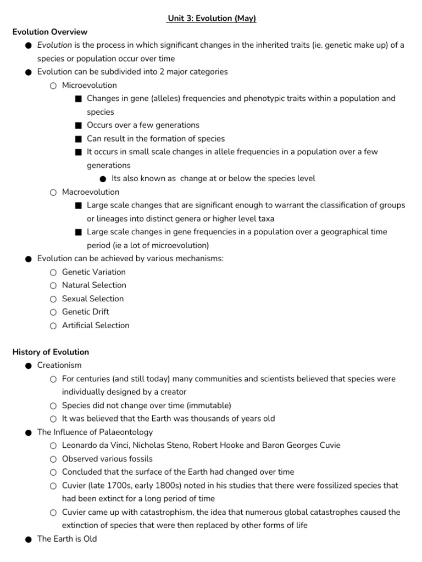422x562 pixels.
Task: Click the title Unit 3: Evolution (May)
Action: [212, 19]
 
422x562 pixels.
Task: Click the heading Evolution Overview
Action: [50, 32]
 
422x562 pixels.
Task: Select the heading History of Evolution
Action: [51, 352]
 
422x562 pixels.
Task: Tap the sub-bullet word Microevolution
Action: [90, 85]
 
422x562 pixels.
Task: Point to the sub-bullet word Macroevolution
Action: [91, 192]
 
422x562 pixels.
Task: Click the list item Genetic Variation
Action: [94, 272]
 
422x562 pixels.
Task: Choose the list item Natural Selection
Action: [94, 285]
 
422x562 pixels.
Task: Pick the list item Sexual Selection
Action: [93, 299]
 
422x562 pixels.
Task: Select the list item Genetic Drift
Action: [86, 312]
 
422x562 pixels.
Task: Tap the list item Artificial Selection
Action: [96, 325]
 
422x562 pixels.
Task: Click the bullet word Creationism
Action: [59, 366]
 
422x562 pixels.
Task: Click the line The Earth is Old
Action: [67, 539]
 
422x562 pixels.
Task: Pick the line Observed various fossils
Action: [108, 459]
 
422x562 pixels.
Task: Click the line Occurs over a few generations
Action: [143, 125]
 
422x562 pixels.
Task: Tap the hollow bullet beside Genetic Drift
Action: [53, 312]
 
